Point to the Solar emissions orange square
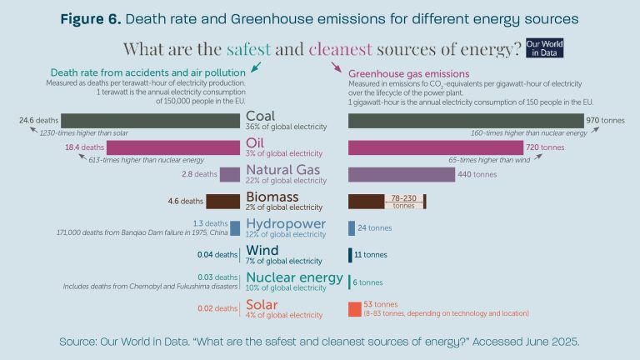point(354,308)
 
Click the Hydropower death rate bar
point(236,227)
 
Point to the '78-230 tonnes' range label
point(403,202)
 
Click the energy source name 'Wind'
point(262,249)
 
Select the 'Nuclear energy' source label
point(294,277)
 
